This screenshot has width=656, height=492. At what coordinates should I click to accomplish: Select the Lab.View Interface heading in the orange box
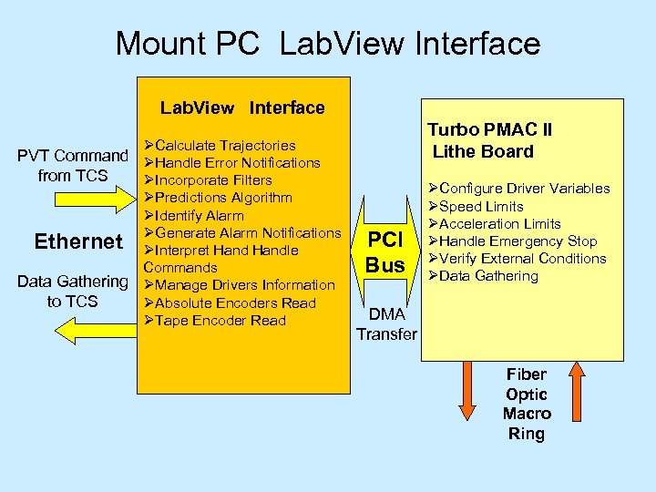click(242, 108)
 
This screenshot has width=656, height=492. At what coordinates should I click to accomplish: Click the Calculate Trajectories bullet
click(220, 145)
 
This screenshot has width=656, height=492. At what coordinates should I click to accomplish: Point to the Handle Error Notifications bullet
click(232, 163)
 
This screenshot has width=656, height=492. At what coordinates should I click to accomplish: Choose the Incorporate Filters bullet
click(209, 180)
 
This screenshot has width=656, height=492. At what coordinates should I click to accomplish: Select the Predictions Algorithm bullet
click(219, 198)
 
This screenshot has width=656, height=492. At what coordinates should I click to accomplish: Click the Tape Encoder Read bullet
click(215, 321)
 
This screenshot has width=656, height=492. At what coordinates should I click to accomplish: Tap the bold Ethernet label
click(77, 241)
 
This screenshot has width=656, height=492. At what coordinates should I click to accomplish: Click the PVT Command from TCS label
click(74, 165)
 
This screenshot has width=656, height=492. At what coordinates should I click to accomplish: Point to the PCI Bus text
click(384, 252)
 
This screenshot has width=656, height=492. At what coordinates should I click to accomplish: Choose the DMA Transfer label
click(386, 323)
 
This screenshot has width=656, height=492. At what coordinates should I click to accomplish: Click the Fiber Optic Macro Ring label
click(527, 404)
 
